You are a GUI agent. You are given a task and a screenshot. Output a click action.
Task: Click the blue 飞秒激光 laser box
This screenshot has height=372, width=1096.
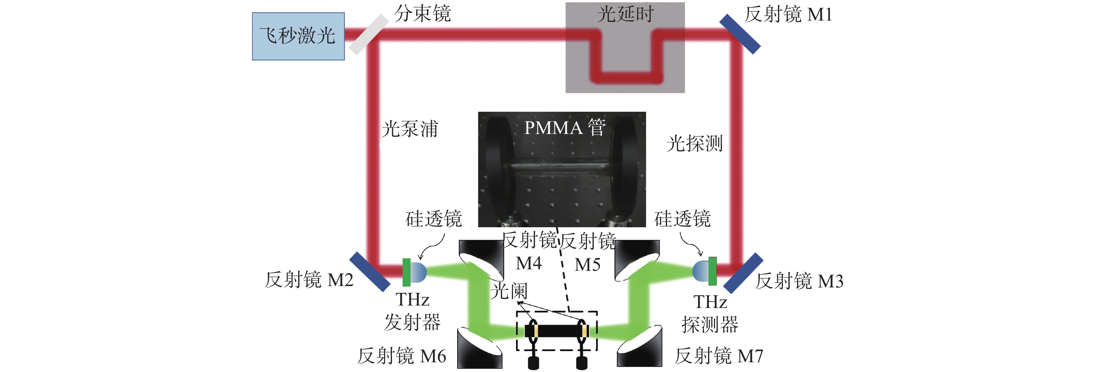(x=298, y=36)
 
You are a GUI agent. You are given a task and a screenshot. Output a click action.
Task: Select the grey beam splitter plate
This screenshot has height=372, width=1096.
(x=369, y=34)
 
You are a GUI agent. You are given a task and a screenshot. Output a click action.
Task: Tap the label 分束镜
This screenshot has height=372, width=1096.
(x=422, y=14)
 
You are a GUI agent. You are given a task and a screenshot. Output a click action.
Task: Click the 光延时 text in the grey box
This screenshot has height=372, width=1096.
(x=625, y=14)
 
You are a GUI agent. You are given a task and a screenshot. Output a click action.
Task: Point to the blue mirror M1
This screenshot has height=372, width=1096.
(x=740, y=34)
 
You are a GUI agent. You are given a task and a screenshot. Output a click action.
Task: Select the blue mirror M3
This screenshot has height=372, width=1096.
(x=743, y=273)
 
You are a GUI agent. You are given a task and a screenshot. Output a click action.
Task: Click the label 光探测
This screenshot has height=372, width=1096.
(x=694, y=143)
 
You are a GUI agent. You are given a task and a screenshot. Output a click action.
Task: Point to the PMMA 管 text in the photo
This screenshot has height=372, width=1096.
(x=565, y=128)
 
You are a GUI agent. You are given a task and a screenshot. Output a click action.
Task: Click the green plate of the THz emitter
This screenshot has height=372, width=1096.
(x=406, y=272)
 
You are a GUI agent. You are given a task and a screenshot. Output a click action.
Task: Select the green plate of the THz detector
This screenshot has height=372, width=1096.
(x=712, y=271)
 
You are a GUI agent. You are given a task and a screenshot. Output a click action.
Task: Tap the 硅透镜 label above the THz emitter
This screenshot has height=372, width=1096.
(x=434, y=219)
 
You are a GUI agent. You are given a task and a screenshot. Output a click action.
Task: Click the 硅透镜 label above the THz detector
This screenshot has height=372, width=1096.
(x=682, y=219)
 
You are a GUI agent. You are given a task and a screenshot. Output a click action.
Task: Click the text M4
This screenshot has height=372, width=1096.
(x=529, y=263)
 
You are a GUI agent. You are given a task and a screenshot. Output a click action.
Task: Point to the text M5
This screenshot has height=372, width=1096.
(x=587, y=265)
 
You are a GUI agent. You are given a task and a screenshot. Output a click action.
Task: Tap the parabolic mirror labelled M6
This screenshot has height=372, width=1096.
(x=479, y=348)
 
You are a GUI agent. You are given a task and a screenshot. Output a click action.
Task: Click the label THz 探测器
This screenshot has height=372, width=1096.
(x=710, y=313)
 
